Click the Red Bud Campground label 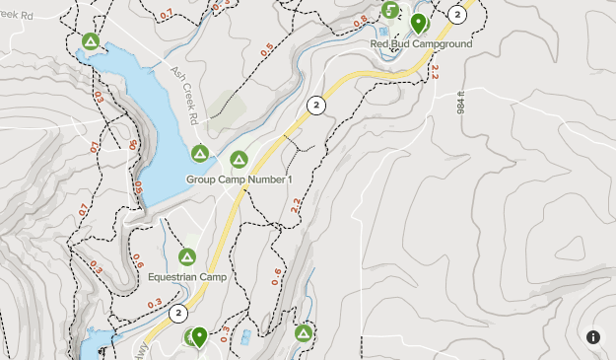[x=421, y=43]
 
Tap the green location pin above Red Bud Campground [x=418, y=23]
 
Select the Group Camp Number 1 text [x=240, y=180]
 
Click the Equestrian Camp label [x=187, y=277]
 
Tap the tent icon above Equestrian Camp [x=187, y=257]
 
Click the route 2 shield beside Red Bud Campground [x=456, y=14]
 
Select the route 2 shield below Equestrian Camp [x=177, y=314]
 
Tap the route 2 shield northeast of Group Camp [x=315, y=105]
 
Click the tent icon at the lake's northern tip [x=90, y=41]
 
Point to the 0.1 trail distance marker [x=95, y=147]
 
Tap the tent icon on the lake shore [x=200, y=154]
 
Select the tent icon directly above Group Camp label [x=239, y=159]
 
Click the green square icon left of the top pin [x=391, y=11]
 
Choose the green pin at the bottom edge [x=199, y=338]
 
